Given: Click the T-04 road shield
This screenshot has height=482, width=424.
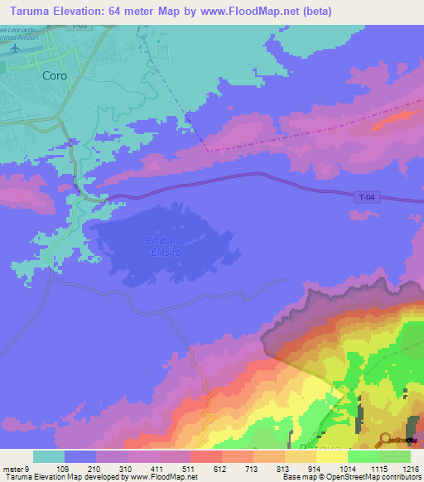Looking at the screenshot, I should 368,196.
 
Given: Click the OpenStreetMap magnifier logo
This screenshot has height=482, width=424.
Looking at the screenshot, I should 385,439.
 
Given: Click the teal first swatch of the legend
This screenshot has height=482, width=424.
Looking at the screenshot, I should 49,456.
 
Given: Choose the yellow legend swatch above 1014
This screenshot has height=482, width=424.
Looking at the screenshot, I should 331,456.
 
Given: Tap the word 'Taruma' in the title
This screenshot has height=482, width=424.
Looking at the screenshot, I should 26,11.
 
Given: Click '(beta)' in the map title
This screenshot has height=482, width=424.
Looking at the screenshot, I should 316,11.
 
